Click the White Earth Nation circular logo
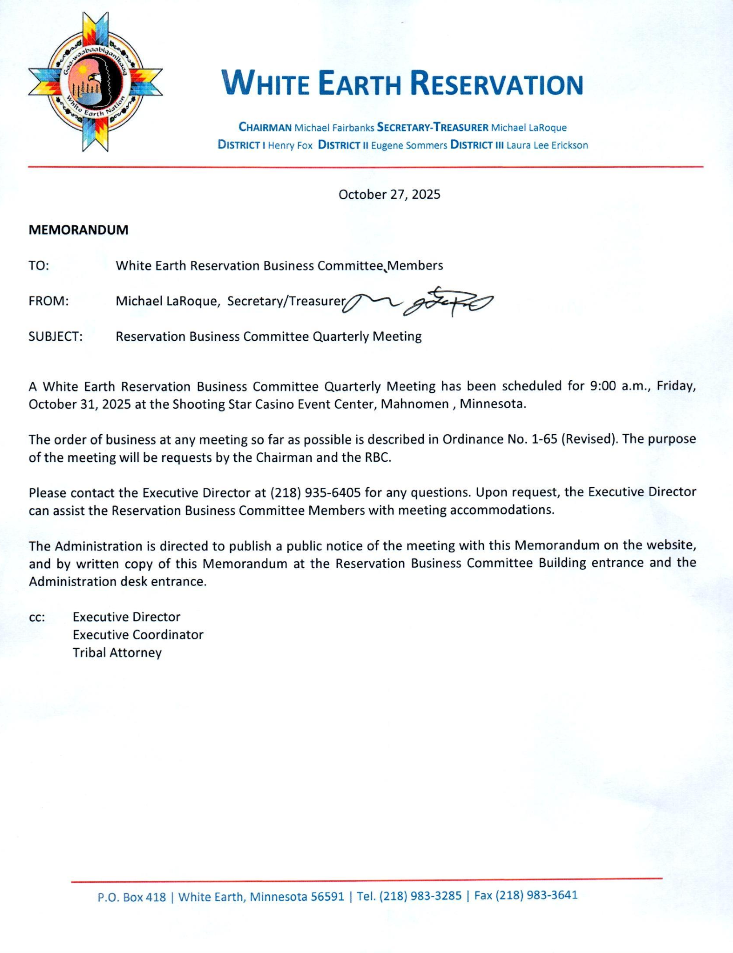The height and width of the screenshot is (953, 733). [95, 82]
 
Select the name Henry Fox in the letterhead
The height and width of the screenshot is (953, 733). [290, 146]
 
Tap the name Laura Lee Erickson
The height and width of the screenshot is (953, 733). [547, 145]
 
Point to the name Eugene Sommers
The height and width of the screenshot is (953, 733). [409, 146]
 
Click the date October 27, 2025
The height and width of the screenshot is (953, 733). [389, 194]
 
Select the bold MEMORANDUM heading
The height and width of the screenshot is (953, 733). [79, 230]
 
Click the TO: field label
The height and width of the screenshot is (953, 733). [39, 265]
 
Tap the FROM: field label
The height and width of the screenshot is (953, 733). [48, 301]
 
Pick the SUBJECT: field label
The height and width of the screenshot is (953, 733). [55, 337]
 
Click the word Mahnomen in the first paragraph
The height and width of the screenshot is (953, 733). [415, 404]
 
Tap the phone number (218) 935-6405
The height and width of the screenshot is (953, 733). [316, 493]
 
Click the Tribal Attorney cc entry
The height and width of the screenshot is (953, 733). [117, 653]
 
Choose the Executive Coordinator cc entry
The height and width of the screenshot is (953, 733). [138, 635]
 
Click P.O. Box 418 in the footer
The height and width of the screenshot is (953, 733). [131, 897]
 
